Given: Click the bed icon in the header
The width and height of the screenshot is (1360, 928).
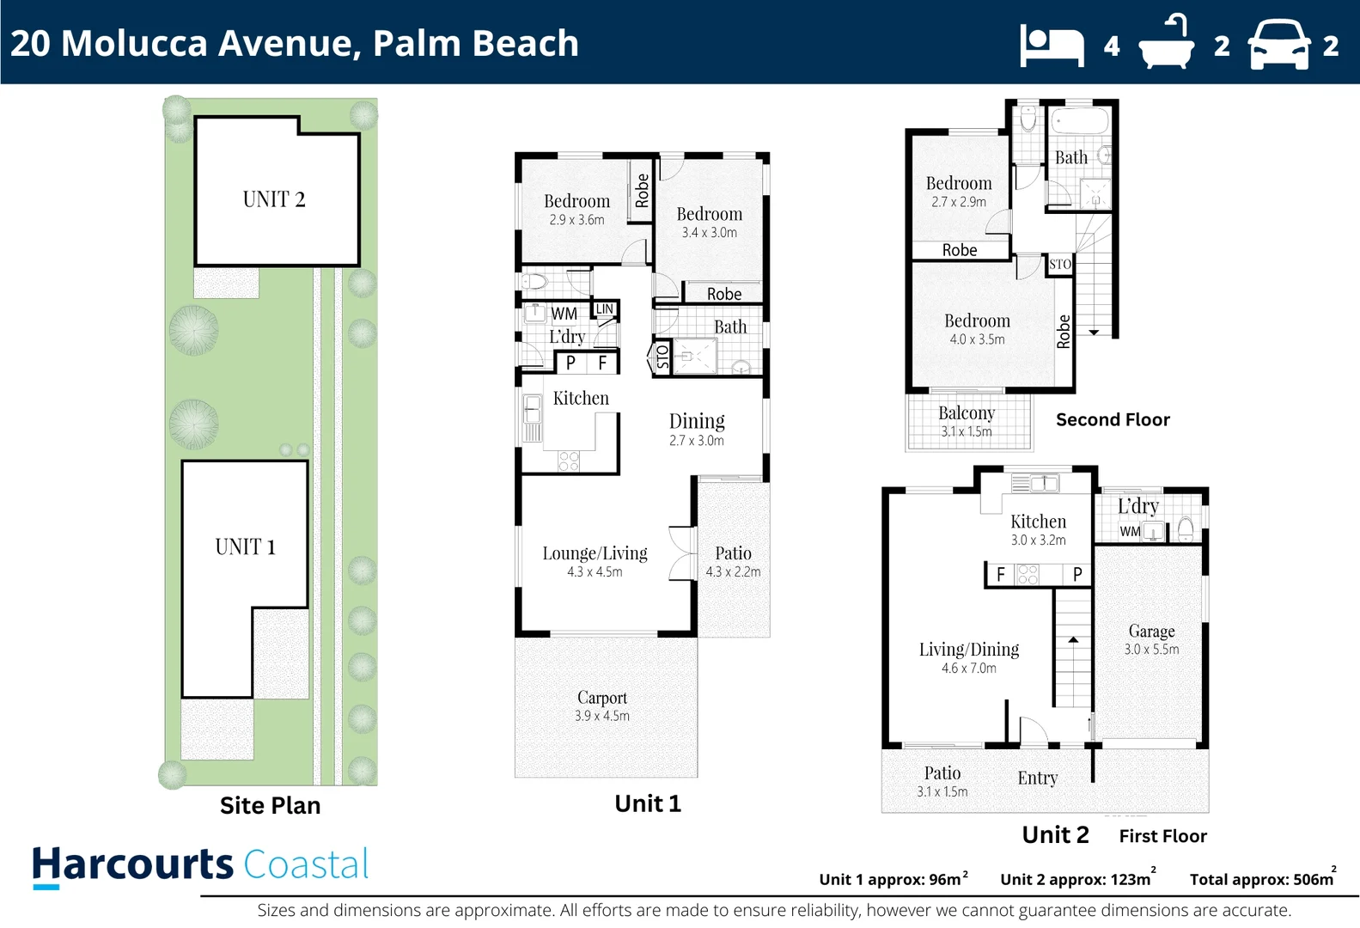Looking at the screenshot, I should click(1052, 45).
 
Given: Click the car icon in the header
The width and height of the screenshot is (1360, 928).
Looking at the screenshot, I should click(1279, 45).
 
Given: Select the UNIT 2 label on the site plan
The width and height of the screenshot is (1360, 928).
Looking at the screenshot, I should click(274, 199).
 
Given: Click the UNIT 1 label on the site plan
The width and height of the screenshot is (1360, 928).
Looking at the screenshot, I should click(246, 547).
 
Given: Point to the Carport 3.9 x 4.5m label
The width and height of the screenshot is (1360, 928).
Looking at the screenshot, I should click(602, 705).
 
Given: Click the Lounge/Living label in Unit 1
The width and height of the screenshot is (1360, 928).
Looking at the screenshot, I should click(595, 554).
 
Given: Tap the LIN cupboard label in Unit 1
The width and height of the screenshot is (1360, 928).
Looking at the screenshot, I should click(605, 309).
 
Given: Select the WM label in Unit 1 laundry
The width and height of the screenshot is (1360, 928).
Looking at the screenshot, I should click(564, 314).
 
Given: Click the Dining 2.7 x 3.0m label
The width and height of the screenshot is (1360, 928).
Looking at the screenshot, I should click(697, 429).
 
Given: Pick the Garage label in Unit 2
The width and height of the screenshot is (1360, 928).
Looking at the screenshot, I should click(1151, 632).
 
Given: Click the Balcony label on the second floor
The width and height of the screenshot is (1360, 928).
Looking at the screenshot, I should click(967, 413).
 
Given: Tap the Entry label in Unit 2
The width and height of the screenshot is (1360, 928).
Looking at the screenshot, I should click(1038, 778).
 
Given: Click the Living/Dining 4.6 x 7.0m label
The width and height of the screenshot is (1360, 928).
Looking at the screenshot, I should click(969, 657).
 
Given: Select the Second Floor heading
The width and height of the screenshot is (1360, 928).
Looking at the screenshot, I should click(1113, 419).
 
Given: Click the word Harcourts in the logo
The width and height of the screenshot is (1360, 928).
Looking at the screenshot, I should click(133, 864).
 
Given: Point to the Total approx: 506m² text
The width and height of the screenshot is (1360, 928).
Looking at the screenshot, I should click(1262, 879).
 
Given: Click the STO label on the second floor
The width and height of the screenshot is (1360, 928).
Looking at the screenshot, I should click(1060, 265).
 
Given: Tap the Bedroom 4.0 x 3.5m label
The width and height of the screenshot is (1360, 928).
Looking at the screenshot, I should click(977, 328).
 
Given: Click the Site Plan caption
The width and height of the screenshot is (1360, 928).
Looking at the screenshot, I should click(270, 805).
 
